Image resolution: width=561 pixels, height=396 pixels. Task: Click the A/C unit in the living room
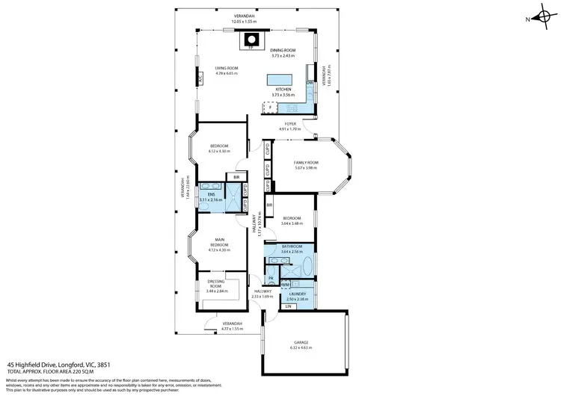(200, 77)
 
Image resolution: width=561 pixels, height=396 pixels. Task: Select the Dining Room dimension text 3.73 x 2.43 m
(283, 57)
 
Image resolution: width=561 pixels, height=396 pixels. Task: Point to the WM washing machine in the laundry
(286, 284)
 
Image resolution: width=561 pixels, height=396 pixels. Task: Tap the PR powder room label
(271, 279)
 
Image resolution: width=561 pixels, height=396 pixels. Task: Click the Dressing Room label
(215, 285)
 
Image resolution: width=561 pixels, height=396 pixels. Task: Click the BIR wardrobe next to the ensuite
(236, 177)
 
